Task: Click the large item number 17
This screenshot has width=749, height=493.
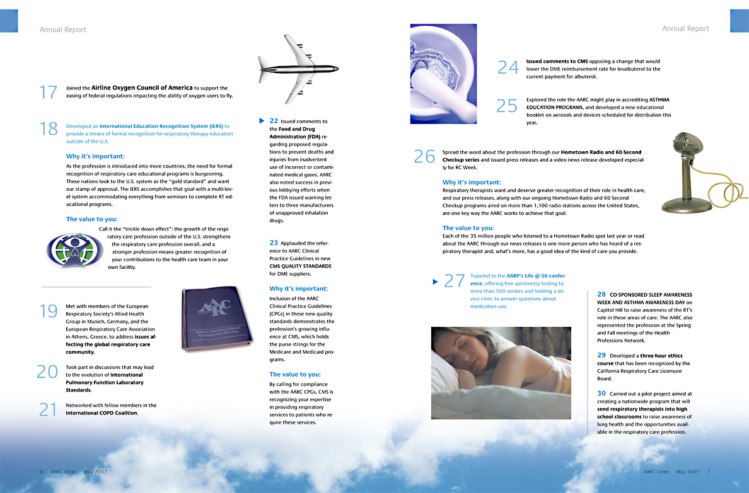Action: [48, 92]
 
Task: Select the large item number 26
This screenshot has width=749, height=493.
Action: [424, 156]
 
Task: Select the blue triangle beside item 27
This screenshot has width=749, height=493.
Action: [434, 281]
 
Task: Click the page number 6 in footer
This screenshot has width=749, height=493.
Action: [42, 472]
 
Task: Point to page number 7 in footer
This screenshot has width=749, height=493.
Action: [709, 472]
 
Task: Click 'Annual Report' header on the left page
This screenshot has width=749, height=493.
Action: [63, 30]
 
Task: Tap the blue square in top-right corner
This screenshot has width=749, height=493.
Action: [739, 21]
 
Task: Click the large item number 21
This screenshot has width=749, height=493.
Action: [48, 410]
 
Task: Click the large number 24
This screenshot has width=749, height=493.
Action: [508, 67]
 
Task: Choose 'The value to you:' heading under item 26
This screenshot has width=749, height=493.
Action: [468, 228]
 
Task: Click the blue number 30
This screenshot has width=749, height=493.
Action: [601, 394]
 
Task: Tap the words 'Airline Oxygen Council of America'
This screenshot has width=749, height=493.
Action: [142, 88]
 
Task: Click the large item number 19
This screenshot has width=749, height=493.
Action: [48, 311]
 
